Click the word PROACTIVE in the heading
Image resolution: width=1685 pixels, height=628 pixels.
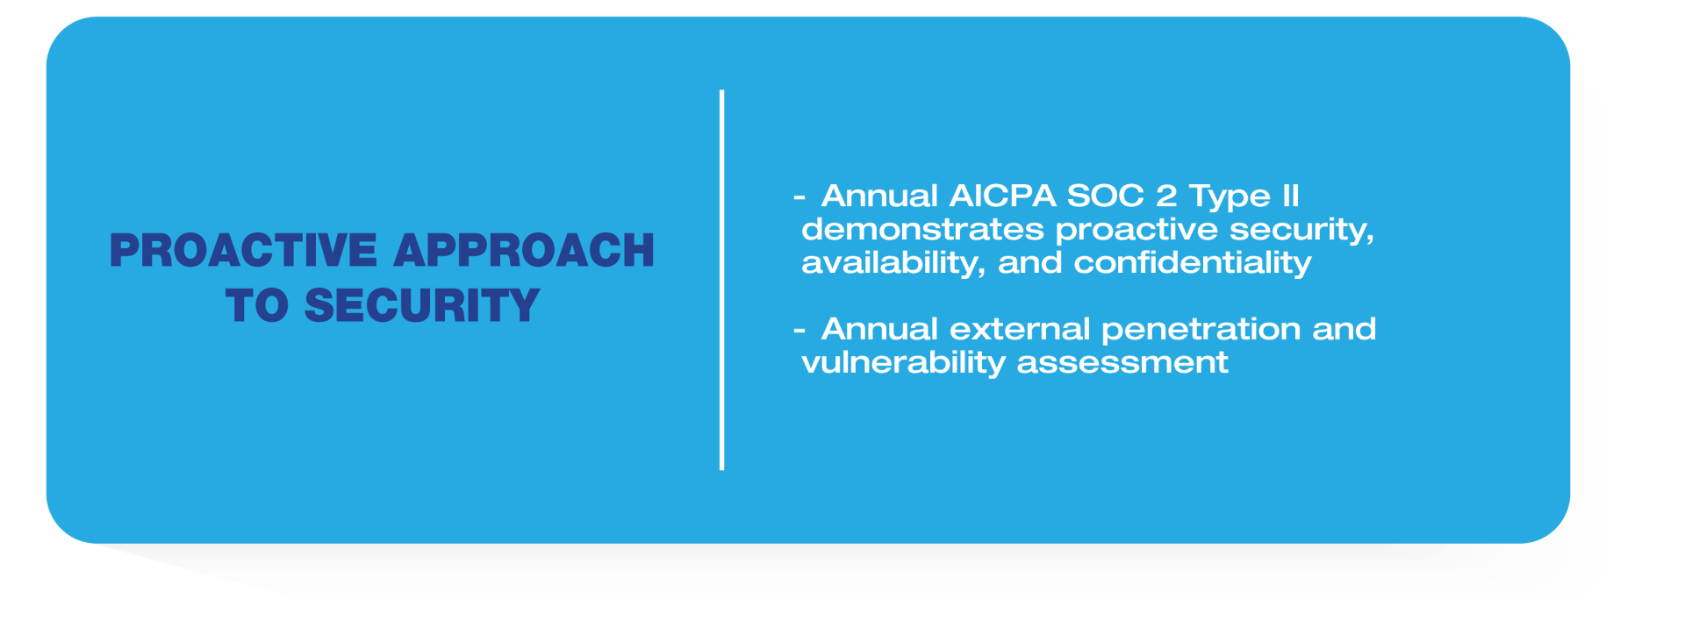[x=243, y=251]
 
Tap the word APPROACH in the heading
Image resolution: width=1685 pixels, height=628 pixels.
[x=524, y=251]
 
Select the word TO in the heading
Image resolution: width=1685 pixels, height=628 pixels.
[x=257, y=306]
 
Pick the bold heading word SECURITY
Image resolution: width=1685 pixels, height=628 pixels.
[x=422, y=306]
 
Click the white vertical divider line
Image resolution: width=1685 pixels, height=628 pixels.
[x=721, y=280]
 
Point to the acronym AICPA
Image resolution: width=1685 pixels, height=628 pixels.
[x=1002, y=196]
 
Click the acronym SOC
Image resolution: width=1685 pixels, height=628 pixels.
[x=1105, y=196]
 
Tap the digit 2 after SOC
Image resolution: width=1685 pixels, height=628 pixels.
[x=1166, y=196]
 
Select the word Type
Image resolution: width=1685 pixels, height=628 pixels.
[x=1230, y=197]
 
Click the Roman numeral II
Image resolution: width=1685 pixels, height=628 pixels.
[x=1290, y=196]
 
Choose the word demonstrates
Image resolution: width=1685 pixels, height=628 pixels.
[x=922, y=230]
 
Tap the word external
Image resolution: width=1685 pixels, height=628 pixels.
[x=1020, y=329]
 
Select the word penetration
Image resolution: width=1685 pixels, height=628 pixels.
[x=1201, y=331]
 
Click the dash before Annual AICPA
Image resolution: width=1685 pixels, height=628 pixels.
[x=799, y=197]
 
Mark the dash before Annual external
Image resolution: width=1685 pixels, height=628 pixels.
[x=799, y=331]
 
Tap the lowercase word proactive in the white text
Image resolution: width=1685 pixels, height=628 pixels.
[x=1136, y=231]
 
